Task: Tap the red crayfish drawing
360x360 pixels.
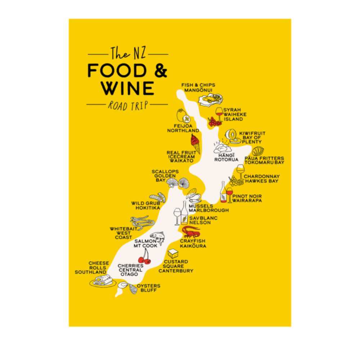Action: click(191, 231)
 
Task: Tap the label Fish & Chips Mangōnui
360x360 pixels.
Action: click(195, 87)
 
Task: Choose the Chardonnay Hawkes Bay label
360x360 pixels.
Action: click(261, 179)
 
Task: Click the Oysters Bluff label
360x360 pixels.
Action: click(148, 288)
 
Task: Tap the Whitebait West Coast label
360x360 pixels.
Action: click(123, 233)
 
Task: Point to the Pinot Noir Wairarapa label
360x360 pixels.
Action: click(247, 198)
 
